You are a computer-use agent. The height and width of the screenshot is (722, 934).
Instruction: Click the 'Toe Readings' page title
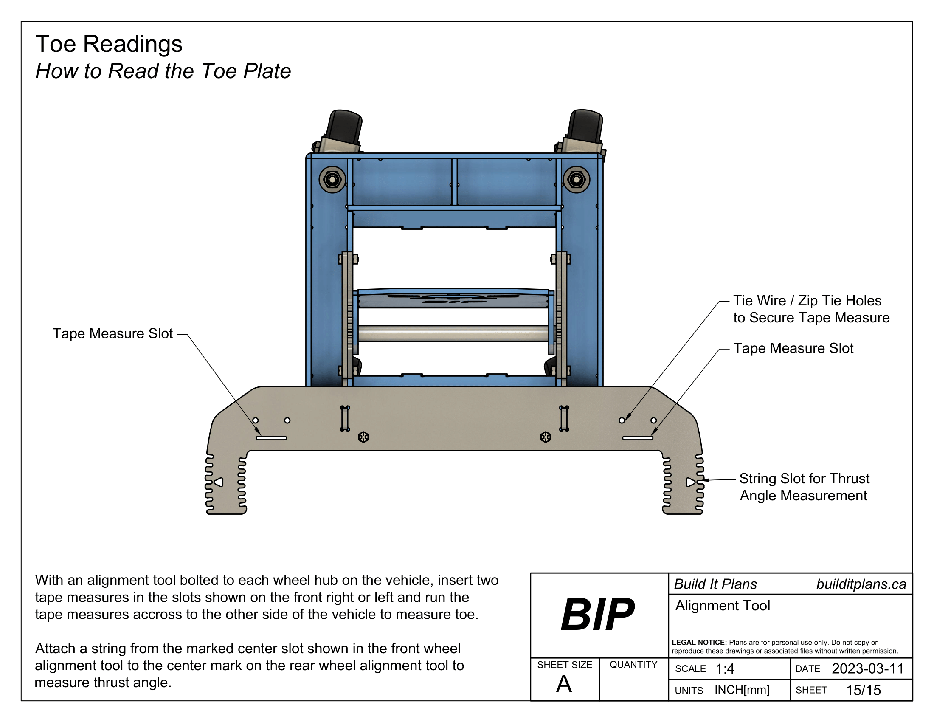(109, 44)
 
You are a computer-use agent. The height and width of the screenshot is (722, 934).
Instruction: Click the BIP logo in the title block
(597, 615)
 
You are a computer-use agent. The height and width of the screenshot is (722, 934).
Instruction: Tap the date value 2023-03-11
(867, 668)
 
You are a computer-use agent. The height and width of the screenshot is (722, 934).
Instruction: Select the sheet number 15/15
(863, 690)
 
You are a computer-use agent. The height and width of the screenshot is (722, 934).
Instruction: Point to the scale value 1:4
(724, 668)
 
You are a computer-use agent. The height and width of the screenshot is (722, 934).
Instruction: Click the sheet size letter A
(564, 683)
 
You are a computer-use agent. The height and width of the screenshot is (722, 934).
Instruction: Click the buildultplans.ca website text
(861, 584)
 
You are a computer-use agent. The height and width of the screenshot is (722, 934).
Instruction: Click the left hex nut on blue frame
(332, 180)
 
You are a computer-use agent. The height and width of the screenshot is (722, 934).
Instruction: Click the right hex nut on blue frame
(576, 180)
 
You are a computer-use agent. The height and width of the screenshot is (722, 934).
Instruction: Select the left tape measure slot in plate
(271, 438)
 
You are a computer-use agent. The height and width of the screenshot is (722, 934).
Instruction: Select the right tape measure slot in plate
(637, 438)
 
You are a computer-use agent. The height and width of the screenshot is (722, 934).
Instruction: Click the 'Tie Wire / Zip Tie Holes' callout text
(807, 301)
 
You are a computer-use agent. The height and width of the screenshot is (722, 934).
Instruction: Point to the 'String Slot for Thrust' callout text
(804, 478)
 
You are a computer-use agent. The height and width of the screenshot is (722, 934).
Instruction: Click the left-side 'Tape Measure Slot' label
(113, 334)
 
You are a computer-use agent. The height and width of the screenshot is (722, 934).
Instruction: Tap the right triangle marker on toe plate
(690, 482)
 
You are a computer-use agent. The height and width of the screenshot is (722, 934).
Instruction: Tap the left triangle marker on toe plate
(219, 482)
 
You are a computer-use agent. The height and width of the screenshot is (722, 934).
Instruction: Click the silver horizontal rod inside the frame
(453, 334)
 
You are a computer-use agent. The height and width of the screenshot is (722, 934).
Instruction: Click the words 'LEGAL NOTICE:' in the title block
(699, 643)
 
